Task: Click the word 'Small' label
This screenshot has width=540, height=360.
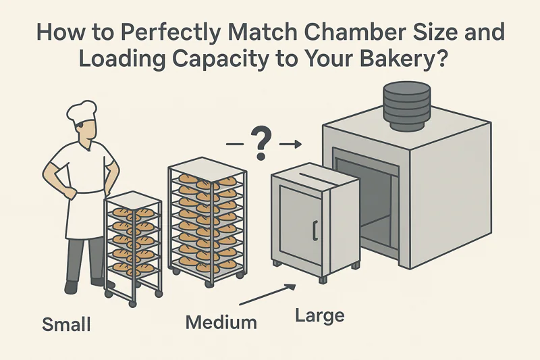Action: coord(66,325)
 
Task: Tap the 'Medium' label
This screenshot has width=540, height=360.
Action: coord(221,322)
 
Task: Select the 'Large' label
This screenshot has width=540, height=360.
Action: coord(320,315)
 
